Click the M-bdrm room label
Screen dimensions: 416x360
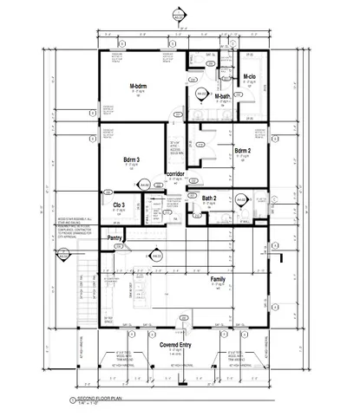[141, 86]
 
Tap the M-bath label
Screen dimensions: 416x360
[221, 96]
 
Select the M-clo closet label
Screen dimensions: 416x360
[249, 77]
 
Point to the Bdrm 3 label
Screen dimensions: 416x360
[133, 160]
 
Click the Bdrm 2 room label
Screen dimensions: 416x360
[244, 151]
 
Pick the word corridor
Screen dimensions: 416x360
[177, 174]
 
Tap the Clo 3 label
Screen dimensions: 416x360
[120, 205]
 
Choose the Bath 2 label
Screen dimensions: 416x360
[210, 198]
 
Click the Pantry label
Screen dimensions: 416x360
[113, 237]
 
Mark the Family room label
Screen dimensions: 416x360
[218, 279]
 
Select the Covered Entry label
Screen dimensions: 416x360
[175, 345]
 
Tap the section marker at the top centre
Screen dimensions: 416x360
[179, 16]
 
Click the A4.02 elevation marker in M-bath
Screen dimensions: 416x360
[201, 93]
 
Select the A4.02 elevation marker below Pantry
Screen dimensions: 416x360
[157, 256]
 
